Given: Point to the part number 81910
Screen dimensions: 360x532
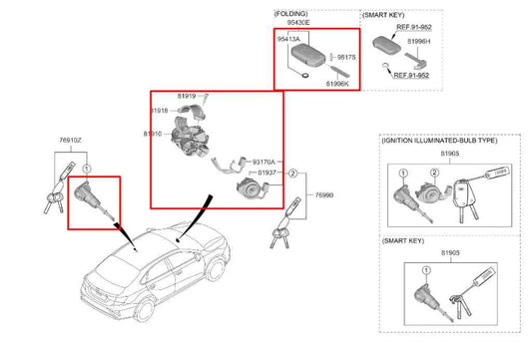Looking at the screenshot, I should point(153,133).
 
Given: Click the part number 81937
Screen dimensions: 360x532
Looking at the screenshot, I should point(268,173).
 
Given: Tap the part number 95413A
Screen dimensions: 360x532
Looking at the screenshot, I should point(290,38).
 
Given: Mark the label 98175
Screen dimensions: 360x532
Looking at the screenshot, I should point(346,59).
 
